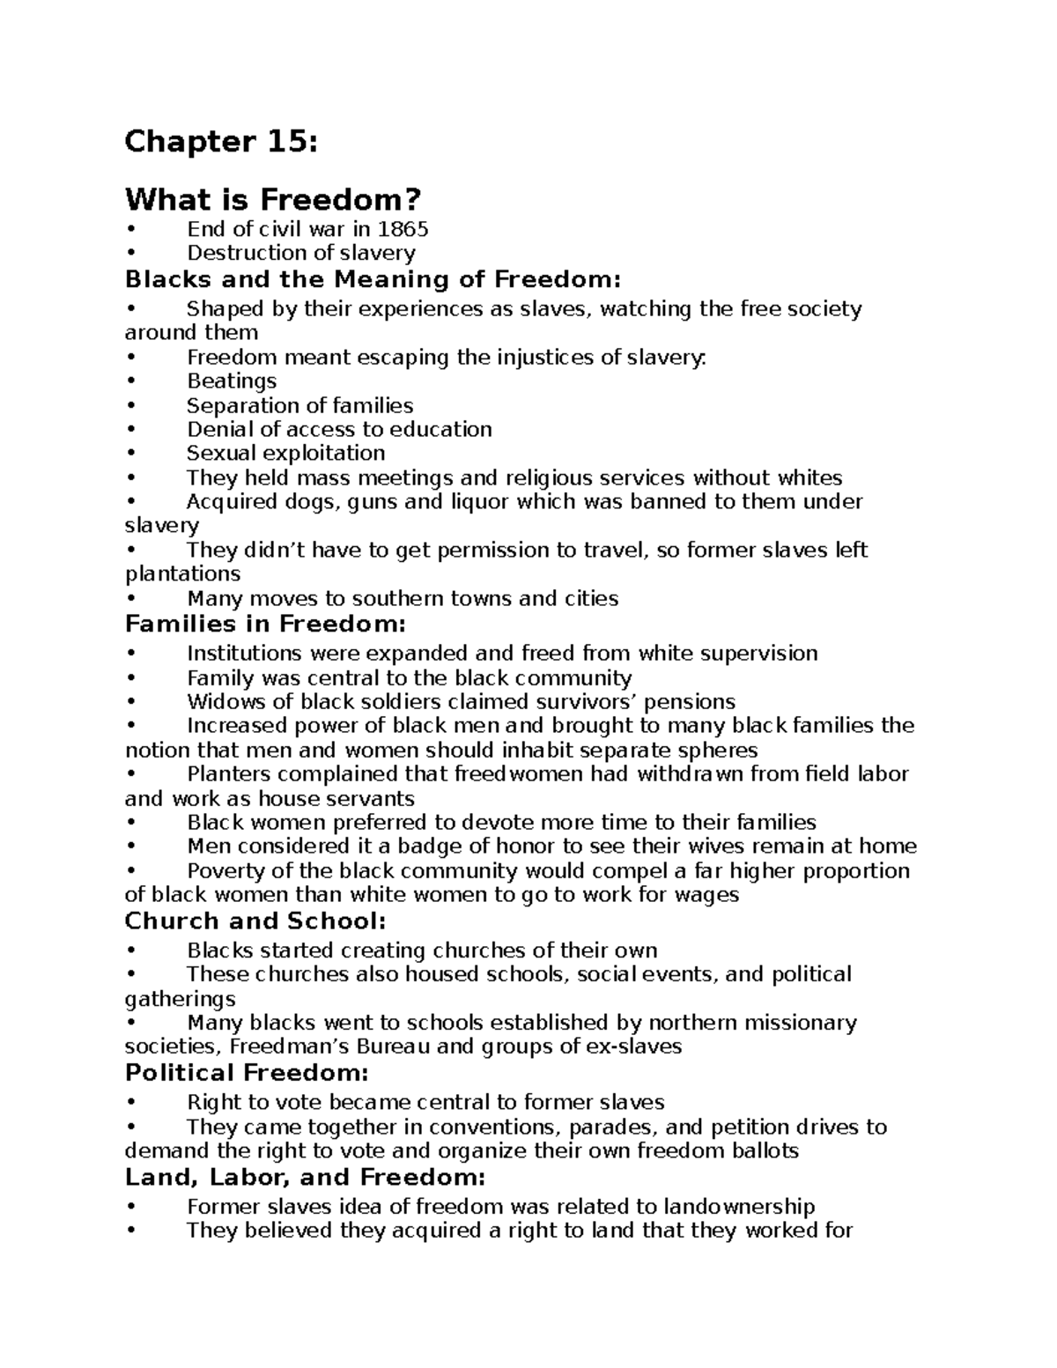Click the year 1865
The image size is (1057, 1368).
(403, 230)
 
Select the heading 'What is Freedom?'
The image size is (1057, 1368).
(273, 200)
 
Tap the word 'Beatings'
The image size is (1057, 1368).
(232, 381)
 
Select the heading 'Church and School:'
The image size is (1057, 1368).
(255, 921)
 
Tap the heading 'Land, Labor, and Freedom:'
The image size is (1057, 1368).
(305, 1178)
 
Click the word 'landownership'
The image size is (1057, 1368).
(739, 1207)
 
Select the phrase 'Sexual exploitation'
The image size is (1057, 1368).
(285, 454)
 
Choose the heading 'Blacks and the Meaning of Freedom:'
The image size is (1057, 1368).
(373, 280)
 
